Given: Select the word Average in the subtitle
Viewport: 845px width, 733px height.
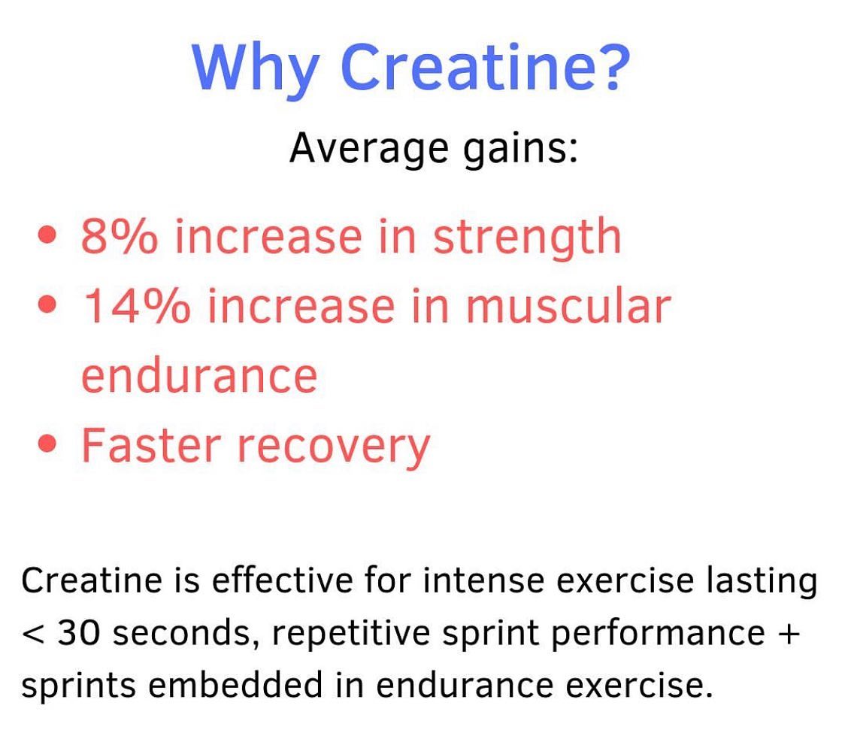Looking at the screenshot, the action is pyautogui.click(x=369, y=148).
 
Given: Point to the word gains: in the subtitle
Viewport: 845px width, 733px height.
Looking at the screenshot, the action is pyautogui.click(x=520, y=148).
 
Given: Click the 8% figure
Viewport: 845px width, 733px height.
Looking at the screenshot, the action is pyautogui.click(x=119, y=237).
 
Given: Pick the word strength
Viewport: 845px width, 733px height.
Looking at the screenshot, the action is pyautogui.click(x=528, y=237).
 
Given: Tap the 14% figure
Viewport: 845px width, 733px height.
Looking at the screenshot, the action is pyautogui.click(x=136, y=305).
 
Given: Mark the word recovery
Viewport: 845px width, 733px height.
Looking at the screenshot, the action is pyautogui.click(x=334, y=448).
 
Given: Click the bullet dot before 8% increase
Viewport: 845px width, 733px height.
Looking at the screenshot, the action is pyautogui.click(x=47, y=235).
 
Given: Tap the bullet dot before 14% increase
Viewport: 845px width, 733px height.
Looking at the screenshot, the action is pyautogui.click(x=47, y=304).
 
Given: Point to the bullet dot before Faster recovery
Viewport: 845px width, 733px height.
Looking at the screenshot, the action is pyautogui.click(x=47, y=444).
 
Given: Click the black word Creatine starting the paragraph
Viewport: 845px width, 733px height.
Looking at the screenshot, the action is pyautogui.click(x=92, y=580).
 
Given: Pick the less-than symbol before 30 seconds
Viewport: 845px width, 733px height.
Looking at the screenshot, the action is pyautogui.click(x=33, y=635).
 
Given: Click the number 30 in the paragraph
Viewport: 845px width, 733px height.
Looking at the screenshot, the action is pyautogui.click(x=79, y=633).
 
